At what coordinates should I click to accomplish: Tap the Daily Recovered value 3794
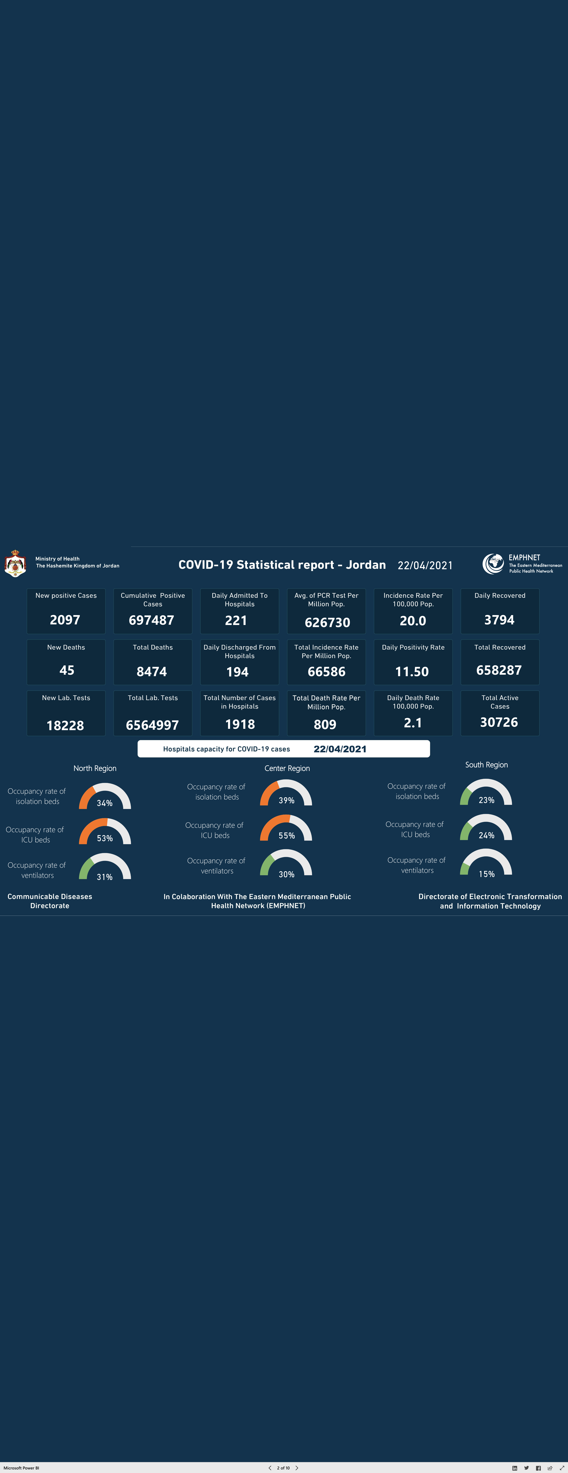499,620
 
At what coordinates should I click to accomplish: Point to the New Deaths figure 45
67,670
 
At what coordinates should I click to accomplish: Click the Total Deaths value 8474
152,672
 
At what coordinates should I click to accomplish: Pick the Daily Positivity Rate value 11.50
412,672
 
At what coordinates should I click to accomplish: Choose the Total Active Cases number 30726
499,722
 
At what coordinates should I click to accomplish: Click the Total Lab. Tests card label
153,698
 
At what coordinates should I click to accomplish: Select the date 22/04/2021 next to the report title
425,566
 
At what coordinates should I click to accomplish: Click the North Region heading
95,769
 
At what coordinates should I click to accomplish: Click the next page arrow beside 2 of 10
297,1468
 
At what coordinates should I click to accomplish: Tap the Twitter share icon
526,1468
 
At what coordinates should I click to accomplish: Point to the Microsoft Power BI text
21,1468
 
